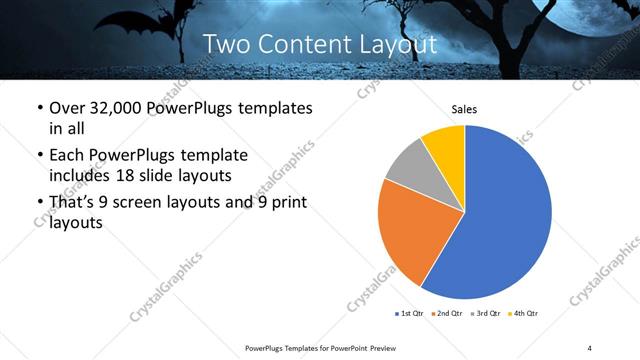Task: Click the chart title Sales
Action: [464, 108]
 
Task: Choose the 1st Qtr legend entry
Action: [411, 314]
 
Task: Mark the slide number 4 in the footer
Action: [590, 347]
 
